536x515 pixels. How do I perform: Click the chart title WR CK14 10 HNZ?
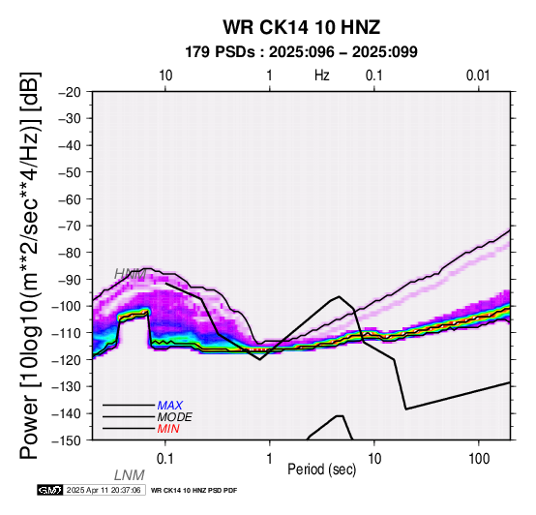point(302,27)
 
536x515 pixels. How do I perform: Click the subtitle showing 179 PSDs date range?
point(301,52)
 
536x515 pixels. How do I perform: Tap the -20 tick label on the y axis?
point(70,92)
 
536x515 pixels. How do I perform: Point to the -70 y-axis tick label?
point(70,226)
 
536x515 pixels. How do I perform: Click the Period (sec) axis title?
point(321,470)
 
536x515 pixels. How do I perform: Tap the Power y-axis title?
point(30,265)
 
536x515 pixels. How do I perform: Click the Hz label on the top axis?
point(321,76)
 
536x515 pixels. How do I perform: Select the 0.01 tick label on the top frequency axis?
point(478,76)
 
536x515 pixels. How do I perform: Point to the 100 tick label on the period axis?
point(479,459)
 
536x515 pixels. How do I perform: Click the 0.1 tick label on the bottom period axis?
point(165,459)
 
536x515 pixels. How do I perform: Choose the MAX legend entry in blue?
point(169,406)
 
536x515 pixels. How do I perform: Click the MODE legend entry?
point(174,417)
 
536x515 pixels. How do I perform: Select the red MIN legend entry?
point(168,429)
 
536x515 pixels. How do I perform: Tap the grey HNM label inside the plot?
point(130,274)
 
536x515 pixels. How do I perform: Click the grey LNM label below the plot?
point(130,475)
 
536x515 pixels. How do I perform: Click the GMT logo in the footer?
point(50,490)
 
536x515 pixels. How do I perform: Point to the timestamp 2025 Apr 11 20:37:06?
point(104,491)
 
